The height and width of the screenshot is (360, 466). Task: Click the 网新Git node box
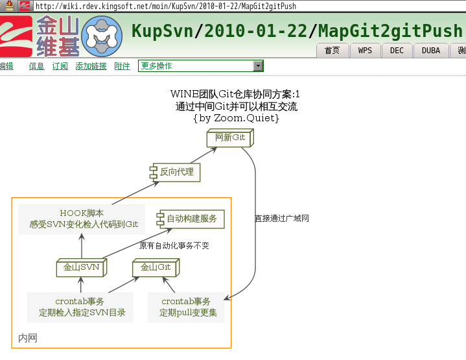tap(230, 138)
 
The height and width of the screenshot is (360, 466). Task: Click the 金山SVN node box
tap(81, 267)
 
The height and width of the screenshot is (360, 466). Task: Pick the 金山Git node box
tap(156, 267)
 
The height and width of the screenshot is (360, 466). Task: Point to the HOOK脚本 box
tap(82, 219)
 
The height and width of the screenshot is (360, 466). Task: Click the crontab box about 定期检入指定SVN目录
tap(80, 307)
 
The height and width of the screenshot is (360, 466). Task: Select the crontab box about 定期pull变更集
tap(187, 307)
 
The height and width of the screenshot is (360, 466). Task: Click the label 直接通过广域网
tap(281, 219)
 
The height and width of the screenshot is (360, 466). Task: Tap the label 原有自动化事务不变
tap(174, 246)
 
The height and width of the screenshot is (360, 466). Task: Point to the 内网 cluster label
tap(28, 338)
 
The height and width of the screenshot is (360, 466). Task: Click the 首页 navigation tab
tap(332, 51)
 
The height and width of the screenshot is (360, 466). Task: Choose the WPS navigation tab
tap(365, 51)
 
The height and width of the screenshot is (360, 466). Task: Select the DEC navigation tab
tap(397, 51)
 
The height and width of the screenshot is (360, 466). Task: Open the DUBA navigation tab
tap(430, 51)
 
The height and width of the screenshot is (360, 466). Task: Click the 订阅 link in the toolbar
tap(60, 66)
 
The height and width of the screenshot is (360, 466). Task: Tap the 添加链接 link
tap(91, 66)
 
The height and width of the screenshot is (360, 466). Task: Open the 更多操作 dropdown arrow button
tap(258, 66)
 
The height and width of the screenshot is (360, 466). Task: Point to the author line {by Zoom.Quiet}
tap(236, 118)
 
